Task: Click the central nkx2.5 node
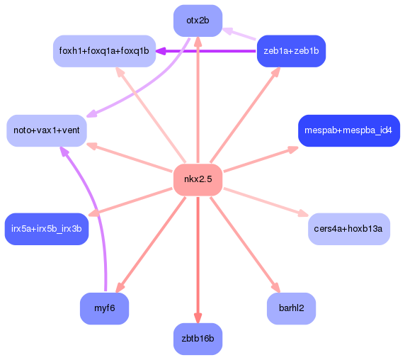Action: [198, 179]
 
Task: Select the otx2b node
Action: [198, 21]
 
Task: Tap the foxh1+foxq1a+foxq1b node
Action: [104, 51]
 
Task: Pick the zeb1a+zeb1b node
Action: [291, 51]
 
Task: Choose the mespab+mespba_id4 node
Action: [348, 131]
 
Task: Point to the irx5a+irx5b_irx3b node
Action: [47, 228]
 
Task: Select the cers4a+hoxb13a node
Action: [349, 228]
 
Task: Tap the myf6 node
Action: [105, 308]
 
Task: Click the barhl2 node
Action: [291, 308]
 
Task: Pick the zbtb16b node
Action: [198, 339]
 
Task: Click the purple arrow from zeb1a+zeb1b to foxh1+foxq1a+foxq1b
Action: [205, 51]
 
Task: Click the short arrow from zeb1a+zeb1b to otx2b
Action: [241, 33]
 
